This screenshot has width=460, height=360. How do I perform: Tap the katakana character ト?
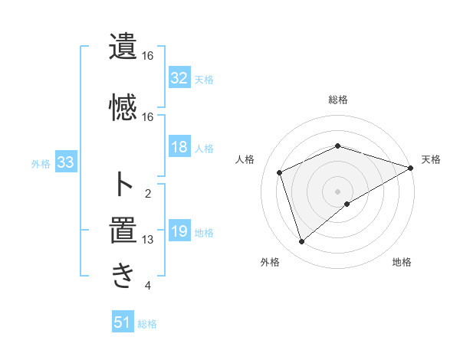123,185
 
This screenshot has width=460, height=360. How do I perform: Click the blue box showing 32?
179,78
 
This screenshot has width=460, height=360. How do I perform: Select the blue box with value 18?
179,148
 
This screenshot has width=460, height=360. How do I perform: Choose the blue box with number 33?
65,163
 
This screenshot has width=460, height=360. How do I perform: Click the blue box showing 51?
123,322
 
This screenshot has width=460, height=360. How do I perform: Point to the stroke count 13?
148,240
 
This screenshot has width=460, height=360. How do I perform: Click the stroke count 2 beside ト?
148,193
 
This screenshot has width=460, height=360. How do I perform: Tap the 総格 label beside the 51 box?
147,324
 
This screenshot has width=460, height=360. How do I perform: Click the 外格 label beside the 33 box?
41,164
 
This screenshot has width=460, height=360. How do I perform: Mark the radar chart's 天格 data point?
412,168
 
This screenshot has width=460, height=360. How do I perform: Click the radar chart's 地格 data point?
347,204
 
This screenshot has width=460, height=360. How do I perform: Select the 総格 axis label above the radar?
337,100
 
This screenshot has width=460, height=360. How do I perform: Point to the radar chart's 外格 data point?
301,242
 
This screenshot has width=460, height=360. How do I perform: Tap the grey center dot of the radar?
337,191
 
